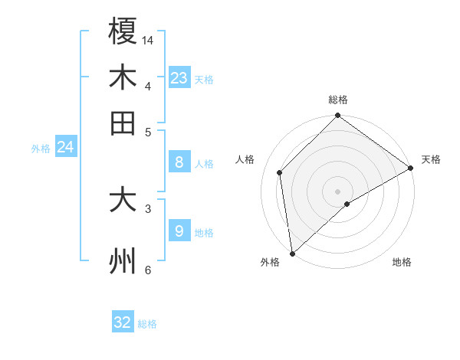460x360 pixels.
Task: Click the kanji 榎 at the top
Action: tap(123, 31)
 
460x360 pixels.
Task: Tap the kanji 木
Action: tap(123, 77)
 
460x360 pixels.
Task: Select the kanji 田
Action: tap(123, 123)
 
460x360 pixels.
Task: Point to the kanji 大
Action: tap(123, 200)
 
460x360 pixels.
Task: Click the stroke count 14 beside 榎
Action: tap(148, 39)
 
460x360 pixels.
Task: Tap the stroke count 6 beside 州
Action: tap(148, 270)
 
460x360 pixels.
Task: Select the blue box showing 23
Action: tap(179, 77)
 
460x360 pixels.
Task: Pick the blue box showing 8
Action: tap(179, 162)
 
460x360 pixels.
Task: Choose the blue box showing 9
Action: tap(179, 231)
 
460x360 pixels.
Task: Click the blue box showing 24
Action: tap(66, 147)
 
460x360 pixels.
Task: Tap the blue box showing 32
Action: tap(123, 322)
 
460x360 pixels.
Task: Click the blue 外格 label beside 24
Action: tap(41, 149)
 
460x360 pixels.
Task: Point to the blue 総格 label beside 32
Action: tap(148, 324)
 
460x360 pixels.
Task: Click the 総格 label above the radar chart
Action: tap(338, 100)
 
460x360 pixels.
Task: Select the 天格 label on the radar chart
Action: tap(431, 159)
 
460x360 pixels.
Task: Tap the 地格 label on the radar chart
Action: tap(402, 263)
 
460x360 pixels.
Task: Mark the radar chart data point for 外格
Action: tap(292, 254)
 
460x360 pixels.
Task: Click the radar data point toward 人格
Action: tap(280, 172)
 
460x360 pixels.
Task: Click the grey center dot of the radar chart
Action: tap(338, 191)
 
